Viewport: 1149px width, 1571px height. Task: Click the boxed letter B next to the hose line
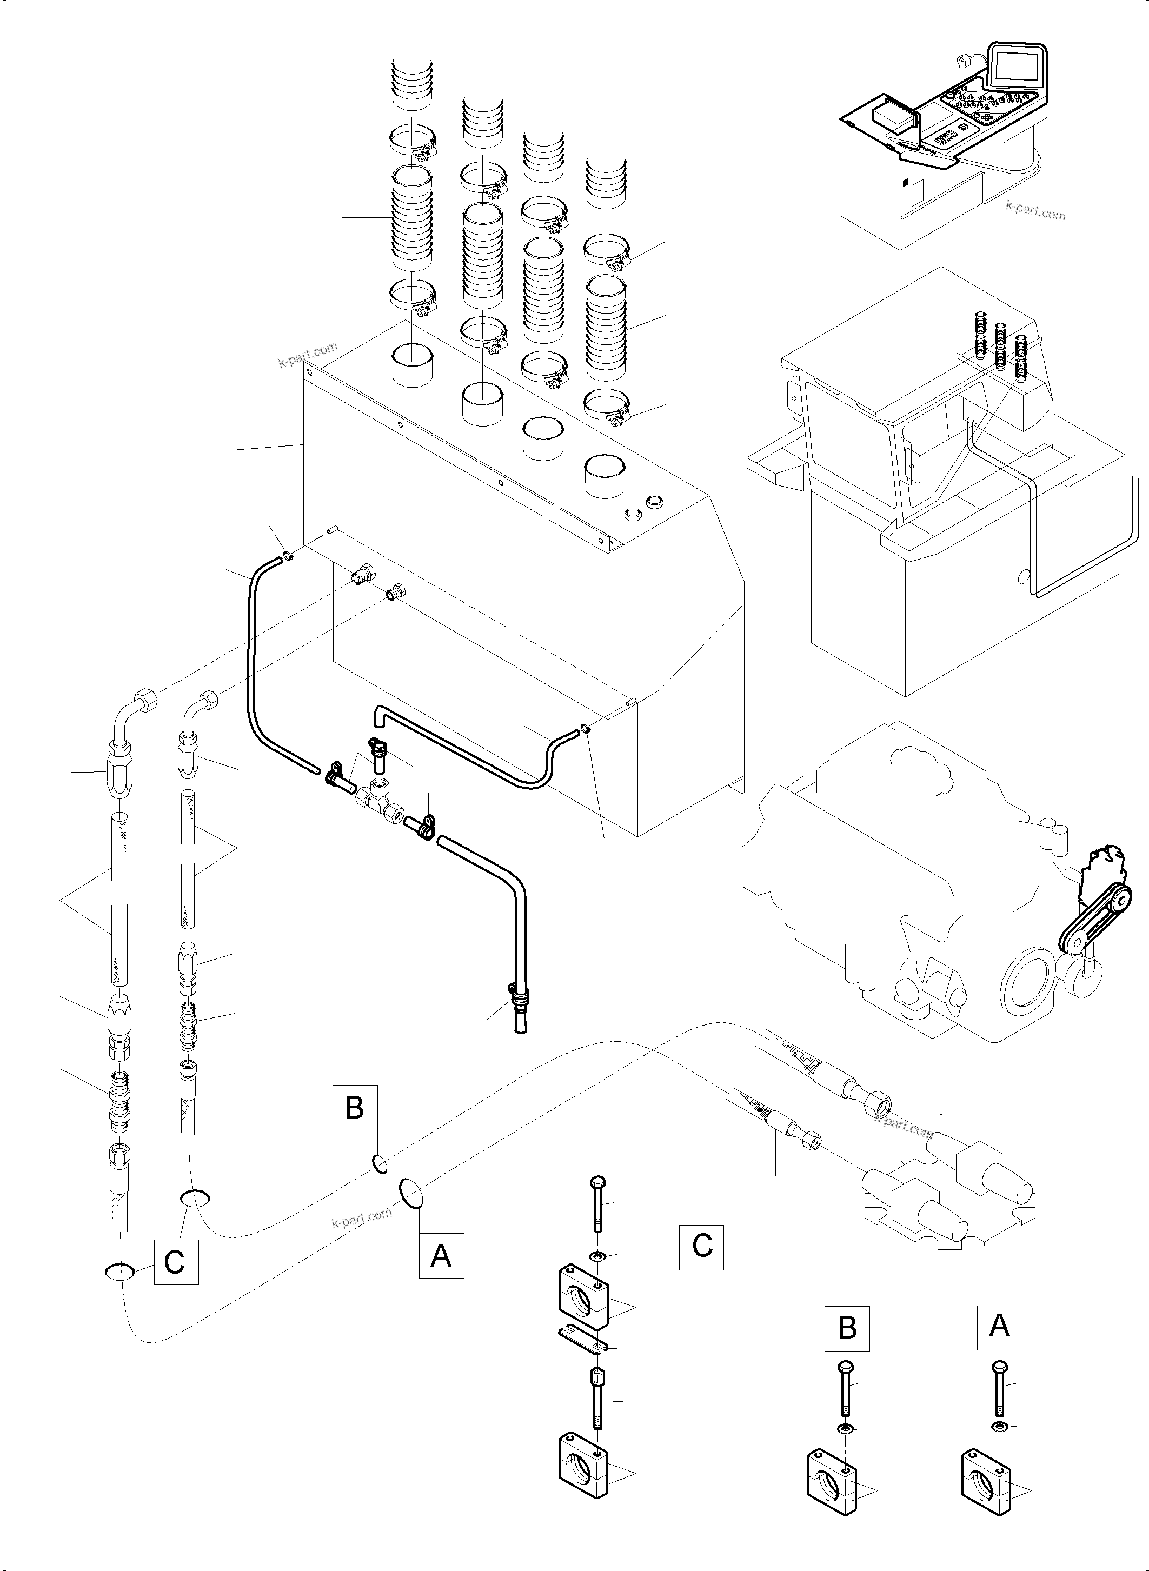(x=355, y=1107)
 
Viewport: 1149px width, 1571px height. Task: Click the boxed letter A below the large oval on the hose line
(x=441, y=1256)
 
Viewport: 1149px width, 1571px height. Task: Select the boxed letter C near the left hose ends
(x=175, y=1262)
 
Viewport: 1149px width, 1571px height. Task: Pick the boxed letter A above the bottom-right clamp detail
(x=999, y=1327)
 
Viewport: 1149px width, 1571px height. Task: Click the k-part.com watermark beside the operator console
(x=1035, y=209)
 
